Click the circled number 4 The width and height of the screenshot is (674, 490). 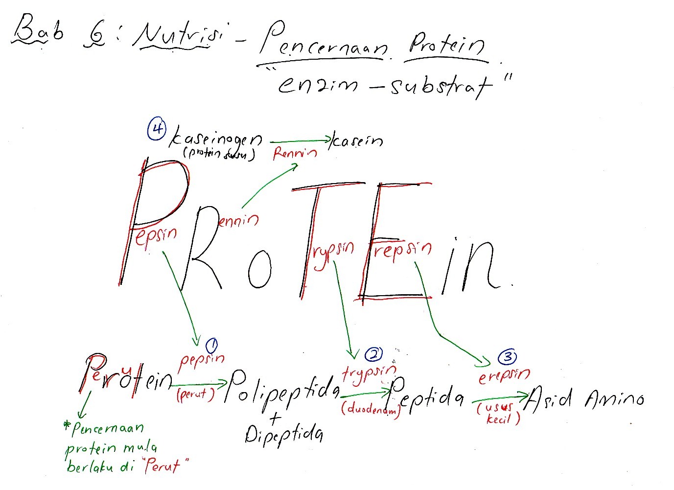point(157,130)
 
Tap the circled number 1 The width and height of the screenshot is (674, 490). point(212,346)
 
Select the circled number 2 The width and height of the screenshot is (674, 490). point(373,354)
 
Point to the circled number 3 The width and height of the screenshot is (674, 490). point(507,357)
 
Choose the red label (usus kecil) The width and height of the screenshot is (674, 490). point(498,412)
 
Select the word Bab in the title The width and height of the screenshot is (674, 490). point(38,30)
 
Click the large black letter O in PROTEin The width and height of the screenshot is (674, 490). point(259,270)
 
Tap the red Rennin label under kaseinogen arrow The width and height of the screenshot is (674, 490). point(295,154)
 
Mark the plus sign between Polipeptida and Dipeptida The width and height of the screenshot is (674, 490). point(276,417)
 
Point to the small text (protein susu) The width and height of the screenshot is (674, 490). point(219,154)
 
